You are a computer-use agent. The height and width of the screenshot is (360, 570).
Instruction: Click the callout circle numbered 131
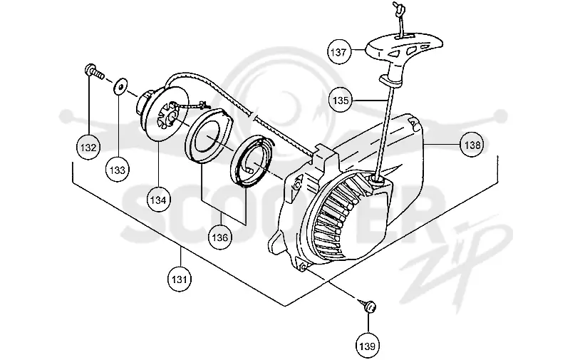180,279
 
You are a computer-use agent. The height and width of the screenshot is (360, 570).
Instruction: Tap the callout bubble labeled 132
88,148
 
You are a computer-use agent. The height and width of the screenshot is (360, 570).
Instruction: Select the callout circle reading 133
117,170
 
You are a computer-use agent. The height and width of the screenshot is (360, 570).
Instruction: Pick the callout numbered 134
158,200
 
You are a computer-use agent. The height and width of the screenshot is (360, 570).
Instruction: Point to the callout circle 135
341,101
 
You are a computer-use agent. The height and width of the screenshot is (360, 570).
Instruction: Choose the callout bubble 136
219,237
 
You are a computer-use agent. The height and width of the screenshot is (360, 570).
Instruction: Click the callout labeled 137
338,52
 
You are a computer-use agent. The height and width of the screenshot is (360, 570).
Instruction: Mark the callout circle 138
472,145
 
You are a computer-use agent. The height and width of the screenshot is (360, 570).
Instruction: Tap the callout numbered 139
367,346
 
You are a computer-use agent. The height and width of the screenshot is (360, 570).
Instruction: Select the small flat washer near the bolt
120,86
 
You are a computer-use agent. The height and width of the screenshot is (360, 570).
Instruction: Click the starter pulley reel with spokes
163,112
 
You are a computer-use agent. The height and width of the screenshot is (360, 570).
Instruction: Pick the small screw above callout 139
368,305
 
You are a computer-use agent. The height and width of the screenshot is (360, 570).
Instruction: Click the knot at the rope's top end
398,7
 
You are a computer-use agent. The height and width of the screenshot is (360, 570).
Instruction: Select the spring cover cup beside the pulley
207,135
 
